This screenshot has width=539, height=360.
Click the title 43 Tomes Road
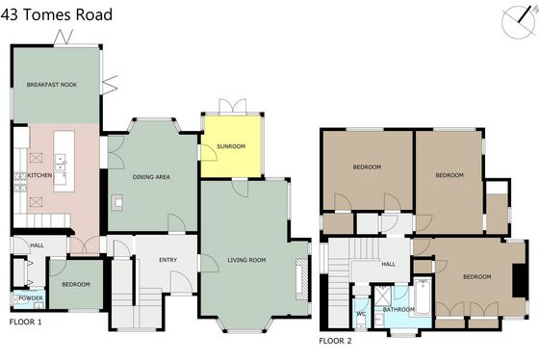[57, 14]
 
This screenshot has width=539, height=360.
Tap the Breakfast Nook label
[52, 85]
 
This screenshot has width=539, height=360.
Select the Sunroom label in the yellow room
[231, 146]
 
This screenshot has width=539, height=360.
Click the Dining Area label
[151, 177]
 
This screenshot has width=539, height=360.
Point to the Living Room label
[246, 260]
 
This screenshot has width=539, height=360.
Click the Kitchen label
[39, 175]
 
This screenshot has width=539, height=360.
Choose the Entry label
[168, 260]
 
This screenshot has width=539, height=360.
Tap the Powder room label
[31, 298]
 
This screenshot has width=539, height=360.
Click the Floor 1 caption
[25, 322]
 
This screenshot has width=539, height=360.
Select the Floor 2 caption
[336, 341]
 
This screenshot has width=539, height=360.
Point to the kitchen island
[64, 162]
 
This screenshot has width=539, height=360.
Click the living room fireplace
[300, 279]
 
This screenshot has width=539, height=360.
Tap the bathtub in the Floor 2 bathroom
[423, 296]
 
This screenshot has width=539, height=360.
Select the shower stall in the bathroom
[383, 296]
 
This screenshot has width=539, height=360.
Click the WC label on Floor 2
[361, 314]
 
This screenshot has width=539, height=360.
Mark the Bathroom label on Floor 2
[398, 309]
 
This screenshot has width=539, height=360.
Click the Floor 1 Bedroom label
[76, 284]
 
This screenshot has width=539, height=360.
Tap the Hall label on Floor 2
[389, 264]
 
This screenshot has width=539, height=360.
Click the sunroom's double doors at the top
[233, 106]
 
